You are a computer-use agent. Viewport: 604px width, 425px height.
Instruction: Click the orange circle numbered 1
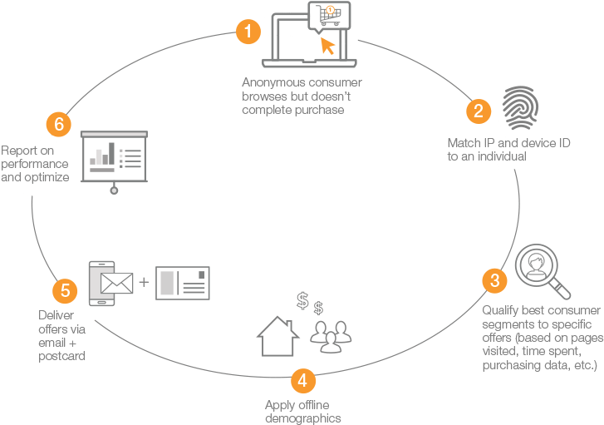[x=248, y=32]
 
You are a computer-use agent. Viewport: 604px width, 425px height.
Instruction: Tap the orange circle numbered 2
[x=478, y=111]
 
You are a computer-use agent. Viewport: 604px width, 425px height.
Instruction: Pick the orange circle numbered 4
[x=303, y=381]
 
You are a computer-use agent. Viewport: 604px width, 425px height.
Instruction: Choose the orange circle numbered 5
[x=65, y=291]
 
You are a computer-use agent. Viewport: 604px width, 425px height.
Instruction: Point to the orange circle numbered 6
[x=56, y=125]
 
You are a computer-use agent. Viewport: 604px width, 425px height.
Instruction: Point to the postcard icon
[x=183, y=284]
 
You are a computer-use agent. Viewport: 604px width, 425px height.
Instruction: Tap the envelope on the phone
[x=116, y=284]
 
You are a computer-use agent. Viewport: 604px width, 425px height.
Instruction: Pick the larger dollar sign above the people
[x=303, y=300]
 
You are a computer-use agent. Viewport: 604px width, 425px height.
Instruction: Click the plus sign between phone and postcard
[x=144, y=282]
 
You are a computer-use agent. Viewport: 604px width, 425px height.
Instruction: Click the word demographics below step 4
[x=302, y=418]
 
